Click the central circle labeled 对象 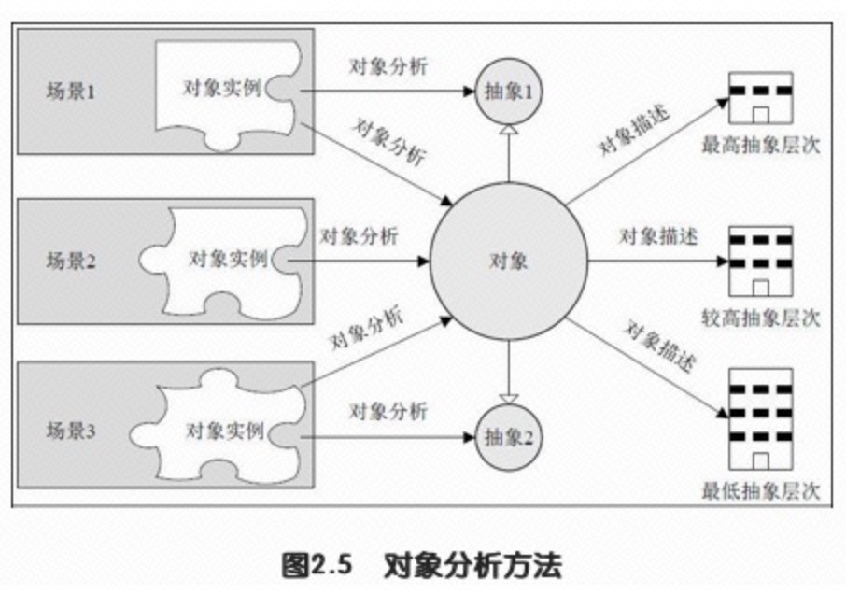tap(509, 261)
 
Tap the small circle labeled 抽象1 tap(509, 91)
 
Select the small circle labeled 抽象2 tap(509, 435)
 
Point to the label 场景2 tap(71, 262)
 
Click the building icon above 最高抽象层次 tap(760, 99)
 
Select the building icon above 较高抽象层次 tap(760, 260)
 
